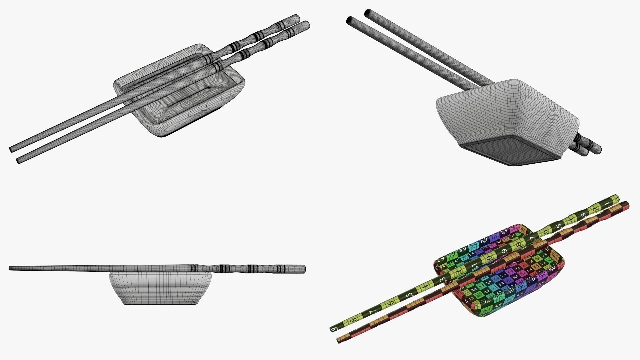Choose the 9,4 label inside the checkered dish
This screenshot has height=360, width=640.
[x=517, y=269]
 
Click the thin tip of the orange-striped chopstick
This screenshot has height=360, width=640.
[x=340, y=340]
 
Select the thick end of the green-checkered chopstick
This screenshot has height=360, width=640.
[x=615, y=197]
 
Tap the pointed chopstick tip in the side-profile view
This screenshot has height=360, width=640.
[x=10, y=268]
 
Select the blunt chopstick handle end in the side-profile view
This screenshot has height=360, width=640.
[x=304, y=269]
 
